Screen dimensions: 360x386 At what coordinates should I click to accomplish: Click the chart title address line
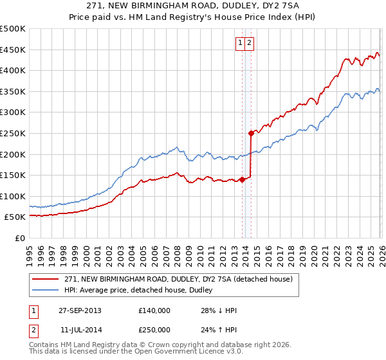pyautogui.click(x=192, y=5)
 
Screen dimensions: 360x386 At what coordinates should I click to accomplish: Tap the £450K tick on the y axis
pyautogui.click(x=13, y=50)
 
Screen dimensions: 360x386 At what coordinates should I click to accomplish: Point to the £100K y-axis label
pyautogui.click(x=13, y=196)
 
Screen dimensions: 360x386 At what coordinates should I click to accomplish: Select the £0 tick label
pyautogui.click(x=20, y=238)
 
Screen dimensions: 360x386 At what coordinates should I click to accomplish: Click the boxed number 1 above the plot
pyautogui.click(x=240, y=43)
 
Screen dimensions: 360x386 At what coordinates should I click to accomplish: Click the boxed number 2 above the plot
pyautogui.click(x=250, y=43)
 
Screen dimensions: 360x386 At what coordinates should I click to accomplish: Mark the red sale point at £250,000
pyautogui.click(x=251, y=133)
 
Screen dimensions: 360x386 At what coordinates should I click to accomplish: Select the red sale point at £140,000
pyautogui.click(x=242, y=179)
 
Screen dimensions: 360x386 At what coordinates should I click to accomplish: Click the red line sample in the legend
pyautogui.click(x=45, y=279)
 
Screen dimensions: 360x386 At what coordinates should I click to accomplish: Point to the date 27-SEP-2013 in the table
pyautogui.click(x=80, y=310)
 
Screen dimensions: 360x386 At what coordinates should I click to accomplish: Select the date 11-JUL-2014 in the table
pyautogui.click(x=80, y=329)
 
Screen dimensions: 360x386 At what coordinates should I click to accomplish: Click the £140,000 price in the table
pyautogui.click(x=154, y=310)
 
